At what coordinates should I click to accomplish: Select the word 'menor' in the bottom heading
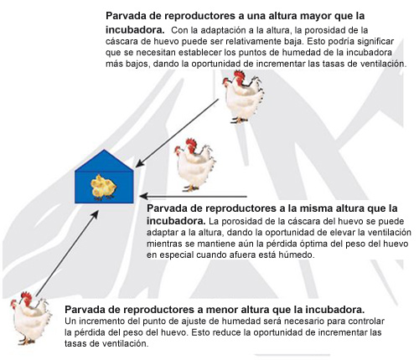click(220, 310)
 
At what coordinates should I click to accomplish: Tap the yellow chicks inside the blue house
click(103, 188)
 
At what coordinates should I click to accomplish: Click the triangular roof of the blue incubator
click(104, 161)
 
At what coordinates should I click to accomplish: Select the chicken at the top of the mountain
click(243, 96)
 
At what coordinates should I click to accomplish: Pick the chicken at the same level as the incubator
click(194, 165)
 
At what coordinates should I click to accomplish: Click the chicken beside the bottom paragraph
click(31, 318)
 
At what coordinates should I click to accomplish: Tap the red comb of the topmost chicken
click(240, 76)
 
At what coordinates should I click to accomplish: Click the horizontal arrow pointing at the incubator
click(194, 197)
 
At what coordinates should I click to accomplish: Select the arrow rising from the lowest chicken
click(67, 254)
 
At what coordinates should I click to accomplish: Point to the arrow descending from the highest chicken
click(177, 133)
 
